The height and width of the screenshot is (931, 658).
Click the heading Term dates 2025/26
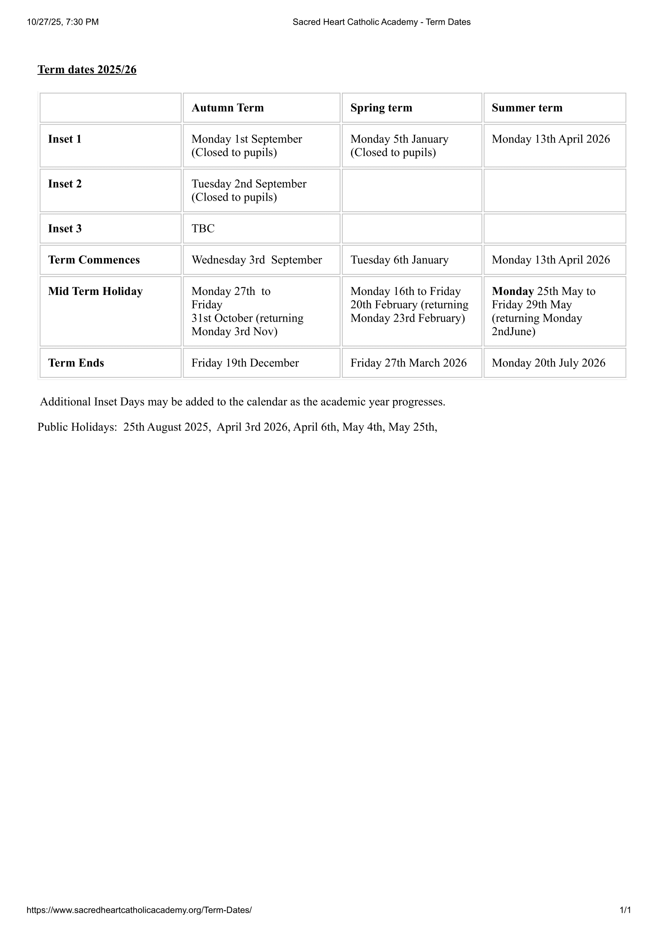point(87,70)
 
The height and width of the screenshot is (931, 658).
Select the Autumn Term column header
point(227,108)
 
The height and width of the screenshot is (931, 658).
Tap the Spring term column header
point(381,108)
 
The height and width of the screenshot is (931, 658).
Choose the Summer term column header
point(527,108)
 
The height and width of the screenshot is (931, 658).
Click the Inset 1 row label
point(65,139)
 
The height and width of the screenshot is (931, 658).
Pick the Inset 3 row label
point(65,229)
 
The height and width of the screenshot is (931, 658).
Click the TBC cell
point(203,229)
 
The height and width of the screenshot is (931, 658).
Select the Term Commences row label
point(94,260)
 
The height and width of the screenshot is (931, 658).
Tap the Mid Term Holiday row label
point(95,291)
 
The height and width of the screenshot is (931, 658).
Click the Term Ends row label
point(76,363)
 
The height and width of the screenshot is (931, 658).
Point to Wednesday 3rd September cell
point(257,260)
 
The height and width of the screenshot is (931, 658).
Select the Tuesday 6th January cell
point(399,260)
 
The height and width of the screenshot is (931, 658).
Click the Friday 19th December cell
point(245,363)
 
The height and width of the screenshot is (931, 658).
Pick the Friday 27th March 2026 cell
point(408,363)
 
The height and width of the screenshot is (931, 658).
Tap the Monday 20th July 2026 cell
point(548,363)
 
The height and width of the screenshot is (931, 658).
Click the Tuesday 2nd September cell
point(248,190)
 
